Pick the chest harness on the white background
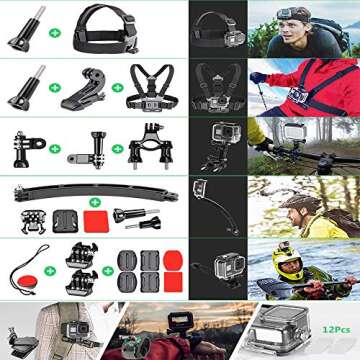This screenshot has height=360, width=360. (x=149, y=89)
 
